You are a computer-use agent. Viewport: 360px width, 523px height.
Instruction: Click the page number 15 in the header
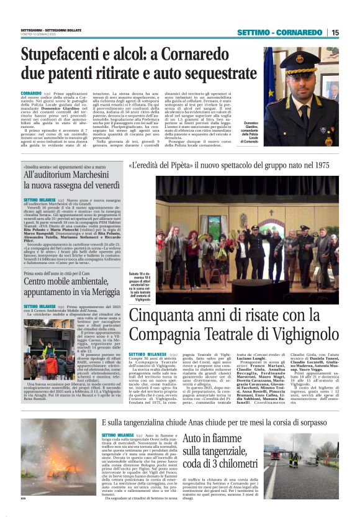335,32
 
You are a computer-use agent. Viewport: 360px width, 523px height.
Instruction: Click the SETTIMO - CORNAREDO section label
279,32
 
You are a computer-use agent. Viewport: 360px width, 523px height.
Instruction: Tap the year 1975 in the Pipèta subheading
319,166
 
